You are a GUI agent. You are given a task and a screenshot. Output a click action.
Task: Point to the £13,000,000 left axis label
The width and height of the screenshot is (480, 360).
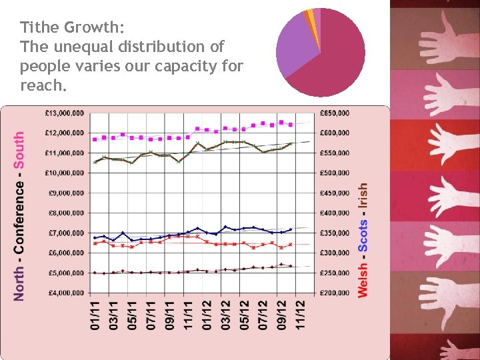(x=65, y=113)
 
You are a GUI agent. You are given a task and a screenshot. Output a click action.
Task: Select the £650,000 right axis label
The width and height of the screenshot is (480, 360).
(x=334, y=113)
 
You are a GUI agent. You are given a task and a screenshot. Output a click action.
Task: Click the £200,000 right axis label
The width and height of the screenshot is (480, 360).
(x=334, y=293)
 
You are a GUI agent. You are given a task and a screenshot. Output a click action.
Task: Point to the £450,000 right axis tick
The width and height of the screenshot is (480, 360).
(x=334, y=193)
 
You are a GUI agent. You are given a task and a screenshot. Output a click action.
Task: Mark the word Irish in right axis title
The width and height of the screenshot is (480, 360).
(x=363, y=197)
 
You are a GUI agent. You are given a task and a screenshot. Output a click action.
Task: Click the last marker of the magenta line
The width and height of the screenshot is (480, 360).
(x=291, y=125)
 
